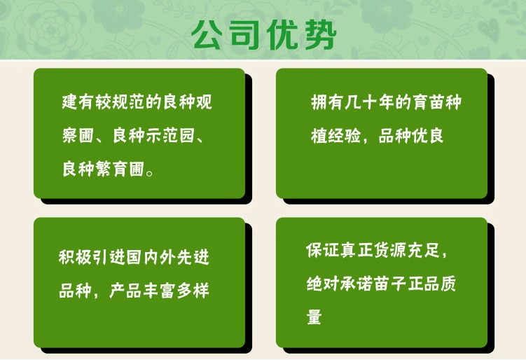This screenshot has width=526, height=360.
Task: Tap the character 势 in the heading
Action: pyautogui.click(x=321, y=35)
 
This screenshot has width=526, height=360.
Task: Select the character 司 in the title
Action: pyautogui.click(x=244, y=35)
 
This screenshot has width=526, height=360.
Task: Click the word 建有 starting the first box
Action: pyautogui.click(x=78, y=102)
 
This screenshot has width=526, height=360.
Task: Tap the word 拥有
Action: pyautogui.click(x=327, y=102)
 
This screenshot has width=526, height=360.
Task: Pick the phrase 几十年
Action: pyautogui.click(x=369, y=102)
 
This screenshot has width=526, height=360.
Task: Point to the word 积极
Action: pyautogui.click(x=75, y=257)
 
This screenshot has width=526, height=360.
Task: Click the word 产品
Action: pyautogui.click(x=125, y=291)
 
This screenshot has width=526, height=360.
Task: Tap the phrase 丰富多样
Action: pyautogui.click(x=176, y=291)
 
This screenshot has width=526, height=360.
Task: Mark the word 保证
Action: pyautogui.click(x=322, y=250)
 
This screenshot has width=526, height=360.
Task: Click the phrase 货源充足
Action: pyautogui.click(x=406, y=250)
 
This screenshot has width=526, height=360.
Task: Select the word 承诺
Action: pyautogui.click(x=356, y=284)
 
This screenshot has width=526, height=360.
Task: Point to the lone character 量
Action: pyautogui.click(x=314, y=317)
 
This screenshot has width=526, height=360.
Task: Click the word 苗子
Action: pyautogui.click(x=389, y=284)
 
